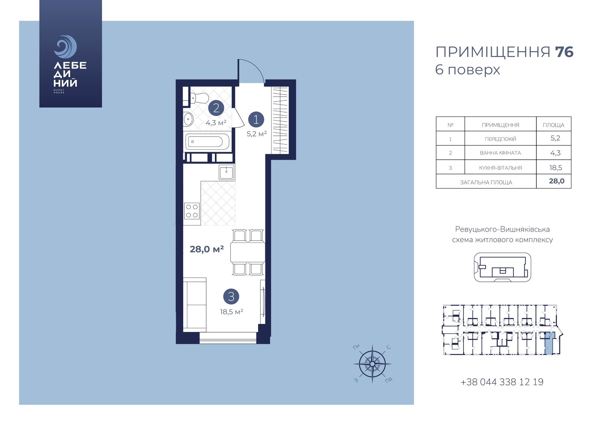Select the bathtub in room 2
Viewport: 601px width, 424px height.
pyautogui.click(x=207, y=142)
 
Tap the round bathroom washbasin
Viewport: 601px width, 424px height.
pyautogui.click(x=188, y=119)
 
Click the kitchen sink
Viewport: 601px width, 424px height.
pyautogui.click(x=226, y=172)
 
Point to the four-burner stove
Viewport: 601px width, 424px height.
pyautogui.click(x=192, y=211)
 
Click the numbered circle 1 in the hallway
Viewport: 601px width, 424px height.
pyautogui.click(x=256, y=120)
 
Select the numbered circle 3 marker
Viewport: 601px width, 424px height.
pyautogui.click(x=231, y=297)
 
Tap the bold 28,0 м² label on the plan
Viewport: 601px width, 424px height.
pyautogui.click(x=207, y=249)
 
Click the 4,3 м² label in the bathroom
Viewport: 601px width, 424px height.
pyautogui.click(x=216, y=123)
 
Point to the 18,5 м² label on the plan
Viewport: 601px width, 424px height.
pyautogui.click(x=231, y=312)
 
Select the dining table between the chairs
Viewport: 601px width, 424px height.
pyautogui.click(x=248, y=252)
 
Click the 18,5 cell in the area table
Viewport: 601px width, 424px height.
pyautogui.click(x=556, y=168)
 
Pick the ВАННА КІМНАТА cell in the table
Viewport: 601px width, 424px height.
pyautogui.click(x=500, y=153)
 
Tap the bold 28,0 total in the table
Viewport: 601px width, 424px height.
pyautogui.click(x=556, y=181)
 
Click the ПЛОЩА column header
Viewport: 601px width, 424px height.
pyautogui.click(x=554, y=125)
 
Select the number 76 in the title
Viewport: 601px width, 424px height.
pyautogui.click(x=564, y=52)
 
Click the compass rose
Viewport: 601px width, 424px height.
pyautogui.click(x=372, y=364)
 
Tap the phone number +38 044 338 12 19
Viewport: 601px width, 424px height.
pyautogui.click(x=502, y=382)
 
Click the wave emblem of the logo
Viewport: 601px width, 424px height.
pyautogui.click(x=65, y=46)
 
